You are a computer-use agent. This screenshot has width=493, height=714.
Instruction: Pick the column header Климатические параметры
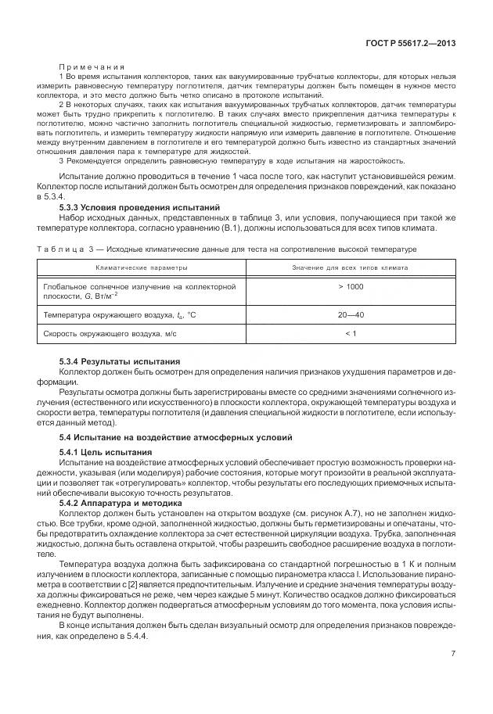pos(141,267)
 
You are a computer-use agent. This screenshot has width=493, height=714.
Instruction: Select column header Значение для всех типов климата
pos(350,267)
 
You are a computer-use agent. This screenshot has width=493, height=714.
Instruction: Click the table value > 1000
pos(350,287)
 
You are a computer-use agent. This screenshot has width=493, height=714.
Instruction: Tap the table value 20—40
pos(350,314)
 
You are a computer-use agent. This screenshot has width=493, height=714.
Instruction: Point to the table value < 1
pos(350,334)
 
